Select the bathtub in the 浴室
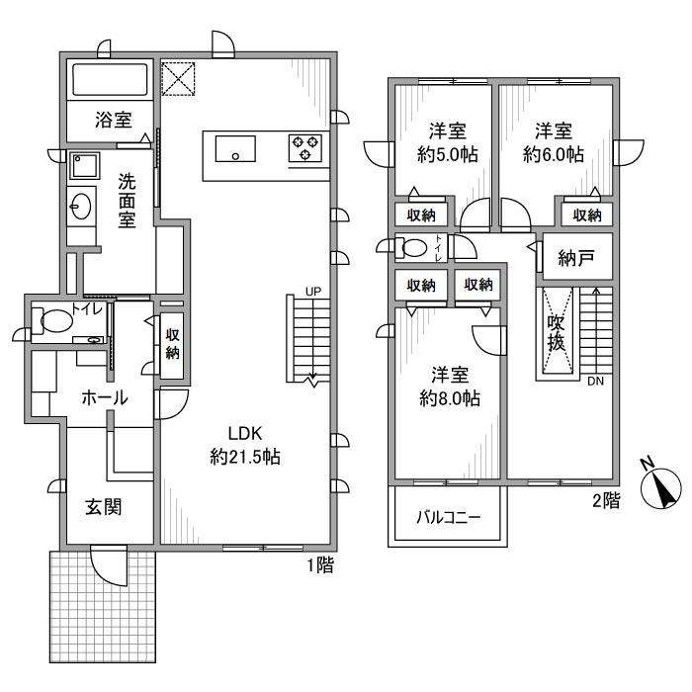click(x=108, y=80)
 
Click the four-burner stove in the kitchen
click(x=305, y=148)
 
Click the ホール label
click(x=103, y=397)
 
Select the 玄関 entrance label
click(x=102, y=508)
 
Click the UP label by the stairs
click(x=313, y=291)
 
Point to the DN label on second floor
click(x=595, y=382)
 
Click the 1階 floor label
click(x=318, y=565)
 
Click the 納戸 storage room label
click(x=576, y=259)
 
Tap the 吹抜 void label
click(x=556, y=333)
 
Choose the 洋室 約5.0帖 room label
click(x=448, y=143)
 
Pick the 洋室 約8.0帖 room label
click(x=448, y=387)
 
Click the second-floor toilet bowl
click(x=417, y=247)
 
